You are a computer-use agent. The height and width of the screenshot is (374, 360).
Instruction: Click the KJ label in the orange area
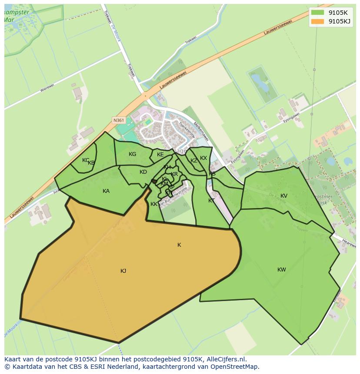coord(123,271)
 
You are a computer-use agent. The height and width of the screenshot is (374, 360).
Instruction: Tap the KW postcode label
coord(282,270)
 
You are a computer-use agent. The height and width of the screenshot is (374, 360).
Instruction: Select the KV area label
coord(284,196)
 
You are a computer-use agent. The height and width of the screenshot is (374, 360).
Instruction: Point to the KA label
coord(106,191)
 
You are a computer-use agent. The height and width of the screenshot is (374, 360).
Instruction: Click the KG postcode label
coord(133,154)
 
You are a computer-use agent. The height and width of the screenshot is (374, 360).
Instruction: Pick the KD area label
coord(143,172)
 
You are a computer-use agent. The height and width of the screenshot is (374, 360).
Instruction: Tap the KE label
coord(160,155)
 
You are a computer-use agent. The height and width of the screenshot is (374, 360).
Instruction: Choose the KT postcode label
coord(211,201)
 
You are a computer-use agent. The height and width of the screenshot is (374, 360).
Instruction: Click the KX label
coord(203,158)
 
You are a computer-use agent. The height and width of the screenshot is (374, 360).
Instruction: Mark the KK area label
coord(154,204)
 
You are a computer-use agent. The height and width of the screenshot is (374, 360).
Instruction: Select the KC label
coord(86,160)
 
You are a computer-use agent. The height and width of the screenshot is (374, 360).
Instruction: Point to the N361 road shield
coord(118,120)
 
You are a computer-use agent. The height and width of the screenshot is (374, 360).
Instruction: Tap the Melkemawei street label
coord(201,131)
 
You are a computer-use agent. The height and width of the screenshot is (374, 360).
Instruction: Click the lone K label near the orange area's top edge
coord(179,245)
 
